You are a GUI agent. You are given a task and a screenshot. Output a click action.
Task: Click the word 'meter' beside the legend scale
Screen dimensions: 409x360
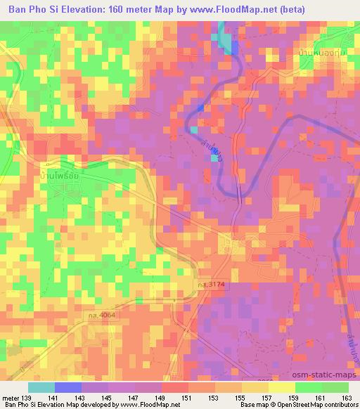tap(11, 397)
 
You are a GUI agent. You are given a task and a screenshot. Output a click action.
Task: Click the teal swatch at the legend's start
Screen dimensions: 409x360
tap(41, 387)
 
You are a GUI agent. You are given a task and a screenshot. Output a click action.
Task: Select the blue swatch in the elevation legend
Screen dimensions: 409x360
tap(67, 387)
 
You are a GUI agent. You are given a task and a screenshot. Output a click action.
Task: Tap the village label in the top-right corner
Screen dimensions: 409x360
tap(317, 53)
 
